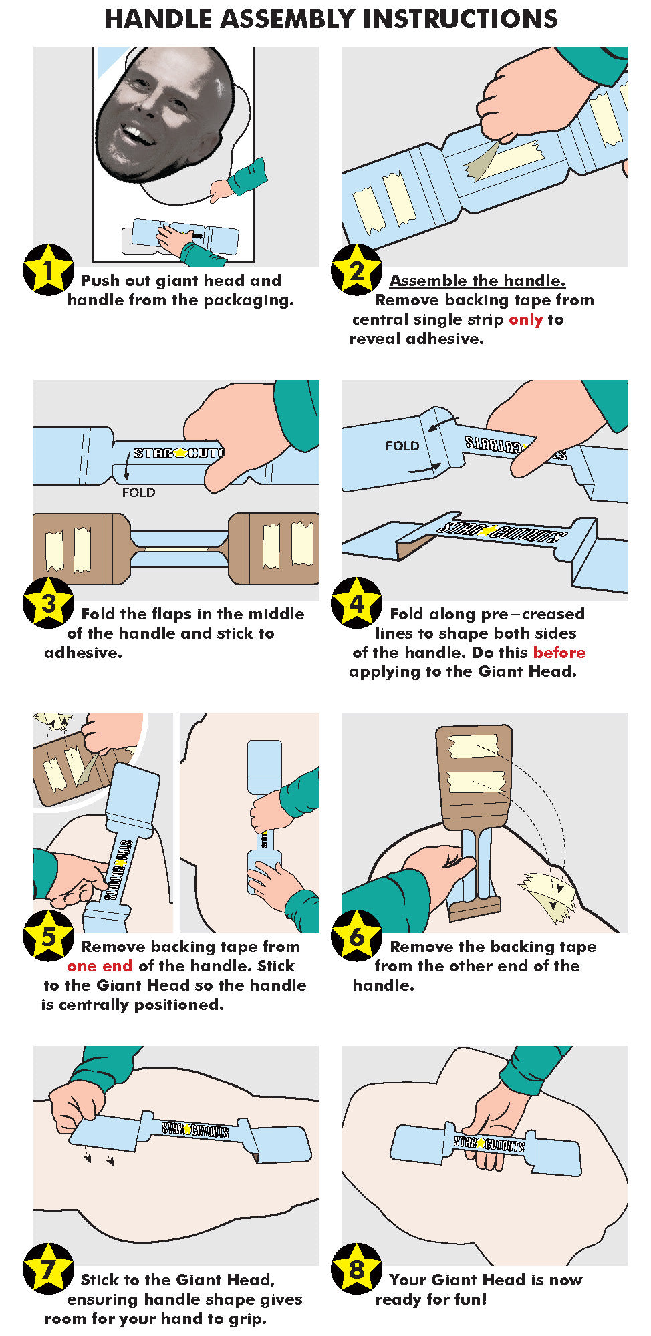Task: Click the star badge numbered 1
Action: (x=48, y=270)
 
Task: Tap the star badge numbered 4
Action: (x=357, y=603)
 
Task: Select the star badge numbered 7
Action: (x=48, y=1269)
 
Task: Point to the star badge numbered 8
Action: (x=357, y=1269)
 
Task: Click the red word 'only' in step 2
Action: (x=526, y=319)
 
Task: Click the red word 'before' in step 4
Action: (x=559, y=652)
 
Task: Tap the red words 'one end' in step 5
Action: (x=100, y=966)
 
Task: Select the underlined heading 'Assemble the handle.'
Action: (x=477, y=281)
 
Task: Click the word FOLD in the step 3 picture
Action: (x=138, y=492)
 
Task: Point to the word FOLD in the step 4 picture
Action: (x=402, y=446)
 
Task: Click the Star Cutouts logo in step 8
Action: (x=489, y=1143)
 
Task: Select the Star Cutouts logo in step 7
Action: (x=195, y=1130)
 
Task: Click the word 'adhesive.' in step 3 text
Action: (x=84, y=653)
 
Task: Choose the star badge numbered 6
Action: (x=357, y=936)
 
